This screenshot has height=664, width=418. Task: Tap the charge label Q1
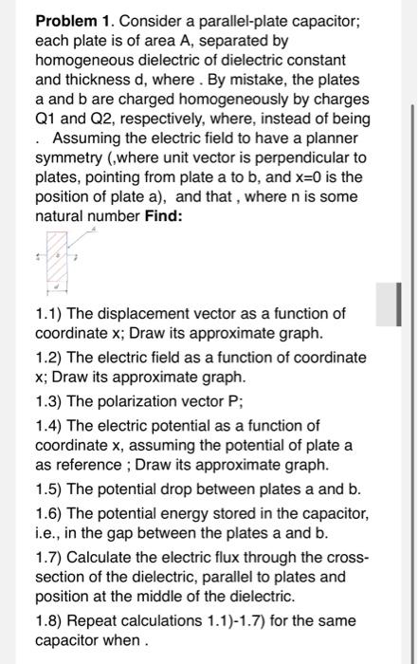click(x=46, y=119)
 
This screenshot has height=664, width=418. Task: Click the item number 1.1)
click(x=50, y=314)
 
